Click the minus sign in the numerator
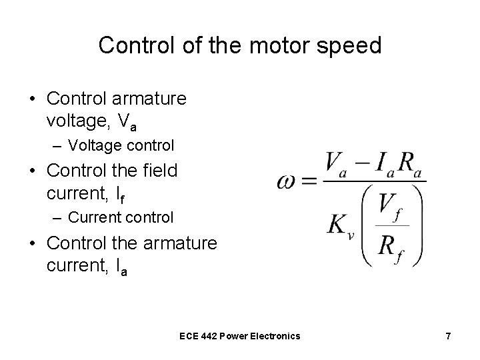[x=361, y=162]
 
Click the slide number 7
[x=448, y=336]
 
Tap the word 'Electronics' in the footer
[x=274, y=336]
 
